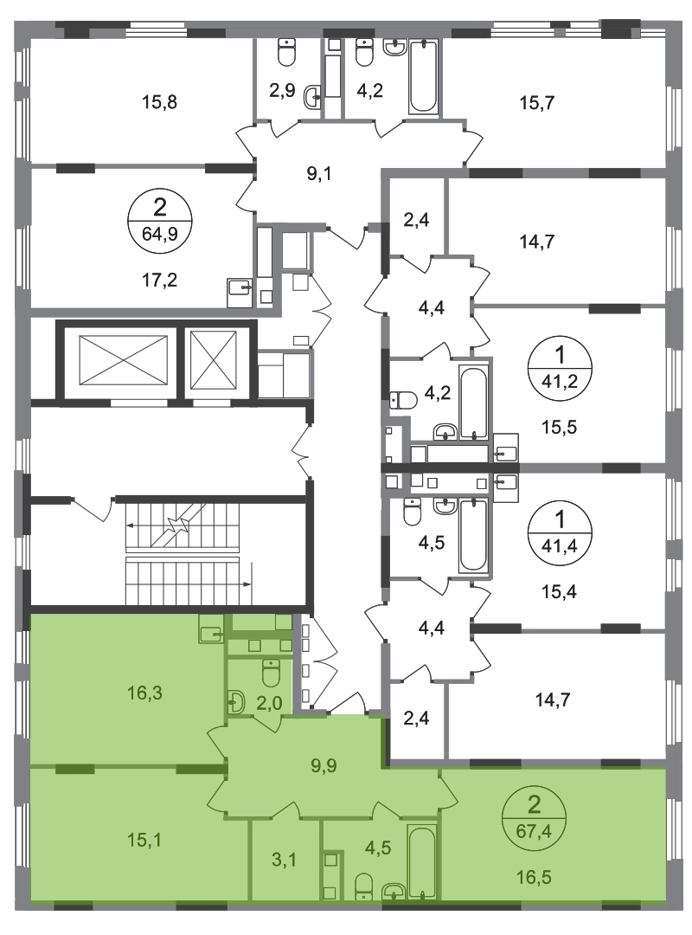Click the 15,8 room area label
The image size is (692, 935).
pyautogui.click(x=159, y=102)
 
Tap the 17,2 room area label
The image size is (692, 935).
pyautogui.click(x=160, y=279)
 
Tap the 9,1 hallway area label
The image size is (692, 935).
pyautogui.click(x=319, y=174)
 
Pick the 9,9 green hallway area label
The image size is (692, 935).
pyautogui.click(x=324, y=765)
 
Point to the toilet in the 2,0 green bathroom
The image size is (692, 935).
pyautogui.click(x=271, y=673)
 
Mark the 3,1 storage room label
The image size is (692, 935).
pyautogui.click(x=284, y=860)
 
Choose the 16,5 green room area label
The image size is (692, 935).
pyautogui.click(x=534, y=878)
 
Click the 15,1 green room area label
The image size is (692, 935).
pyautogui.click(x=144, y=840)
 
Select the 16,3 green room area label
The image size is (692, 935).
pyautogui.click(x=144, y=693)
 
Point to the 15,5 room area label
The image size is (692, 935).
pyautogui.click(x=559, y=428)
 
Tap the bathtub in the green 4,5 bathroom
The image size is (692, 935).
pyautogui.click(x=422, y=862)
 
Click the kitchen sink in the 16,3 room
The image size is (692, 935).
pyautogui.click(x=211, y=633)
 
